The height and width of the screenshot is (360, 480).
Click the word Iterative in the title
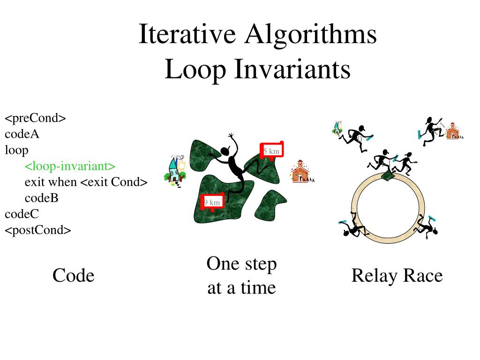[x=187, y=35]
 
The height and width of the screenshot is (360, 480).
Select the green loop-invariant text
[x=70, y=166]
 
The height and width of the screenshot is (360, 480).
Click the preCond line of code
[x=35, y=118]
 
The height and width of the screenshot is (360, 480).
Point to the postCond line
[x=38, y=230]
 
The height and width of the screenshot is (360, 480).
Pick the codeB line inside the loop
[x=41, y=198]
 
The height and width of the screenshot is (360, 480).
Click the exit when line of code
[x=86, y=182]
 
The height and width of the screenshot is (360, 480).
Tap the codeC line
[x=22, y=214]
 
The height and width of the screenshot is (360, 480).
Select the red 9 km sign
[x=212, y=202]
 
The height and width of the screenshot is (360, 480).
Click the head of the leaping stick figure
[x=225, y=151]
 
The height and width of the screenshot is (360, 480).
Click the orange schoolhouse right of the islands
[x=301, y=172]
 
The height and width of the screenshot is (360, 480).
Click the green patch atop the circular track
[x=389, y=174]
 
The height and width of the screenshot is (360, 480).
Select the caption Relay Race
[x=397, y=276]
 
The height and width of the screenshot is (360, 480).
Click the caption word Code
[x=73, y=276]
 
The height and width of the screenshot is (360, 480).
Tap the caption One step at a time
[x=241, y=276]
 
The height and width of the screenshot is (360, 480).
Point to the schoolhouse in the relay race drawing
[x=452, y=131]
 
